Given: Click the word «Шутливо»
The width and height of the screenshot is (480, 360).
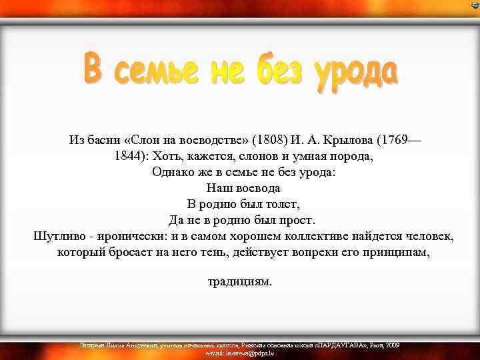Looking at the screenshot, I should point(61,236).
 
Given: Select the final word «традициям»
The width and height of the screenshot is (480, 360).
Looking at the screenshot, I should point(240,281).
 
